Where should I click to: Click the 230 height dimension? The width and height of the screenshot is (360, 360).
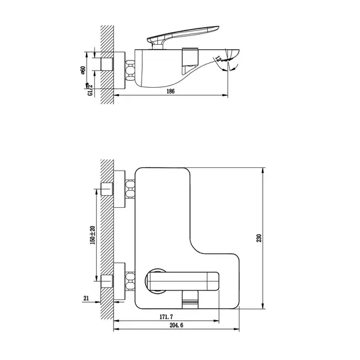(259, 237)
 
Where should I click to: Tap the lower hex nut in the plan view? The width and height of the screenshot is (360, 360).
(131, 279)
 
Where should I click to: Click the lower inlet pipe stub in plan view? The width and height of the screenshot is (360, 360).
(106, 279)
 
